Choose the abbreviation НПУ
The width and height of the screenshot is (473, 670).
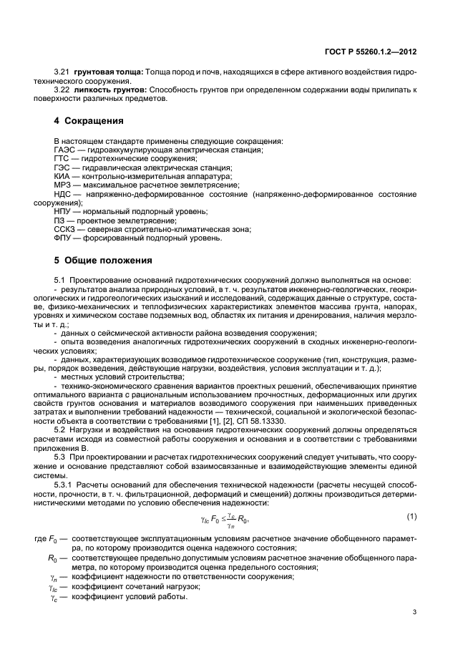click(x=64, y=212)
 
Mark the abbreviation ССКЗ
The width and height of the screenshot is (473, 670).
click(x=66, y=229)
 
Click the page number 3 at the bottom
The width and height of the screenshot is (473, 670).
click(x=414, y=612)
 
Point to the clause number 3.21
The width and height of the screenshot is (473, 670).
click(x=63, y=72)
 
